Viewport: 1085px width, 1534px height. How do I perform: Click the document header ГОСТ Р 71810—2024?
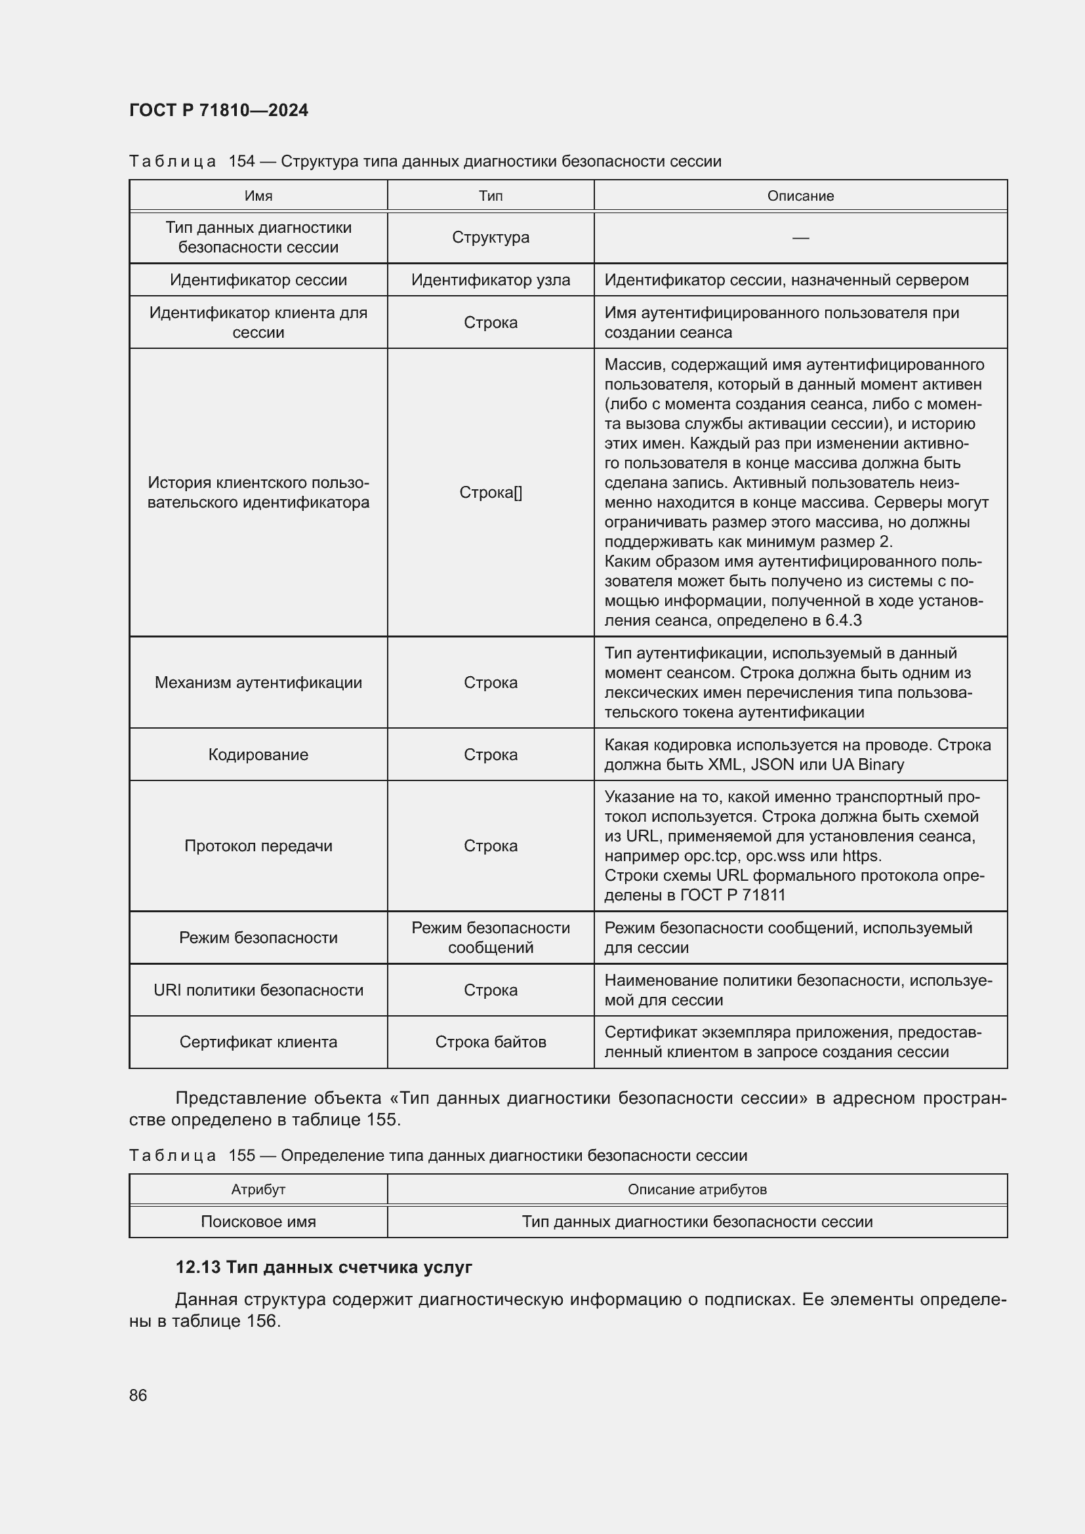(218, 110)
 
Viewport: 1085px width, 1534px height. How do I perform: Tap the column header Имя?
(258, 195)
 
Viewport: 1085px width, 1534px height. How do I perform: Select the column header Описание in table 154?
(800, 195)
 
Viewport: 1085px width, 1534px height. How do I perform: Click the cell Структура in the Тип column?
(491, 237)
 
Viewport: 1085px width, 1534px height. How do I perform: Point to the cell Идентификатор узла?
(491, 280)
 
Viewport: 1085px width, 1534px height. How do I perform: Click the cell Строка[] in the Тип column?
(491, 493)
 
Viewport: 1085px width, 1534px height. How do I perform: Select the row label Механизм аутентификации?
(258, 682)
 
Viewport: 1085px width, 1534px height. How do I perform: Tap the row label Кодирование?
(258, 754)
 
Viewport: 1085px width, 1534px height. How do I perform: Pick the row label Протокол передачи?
(258, 846)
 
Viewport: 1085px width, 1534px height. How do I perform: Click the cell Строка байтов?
(491, 1041)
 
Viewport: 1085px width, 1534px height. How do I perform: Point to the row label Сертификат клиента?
(258, 1041)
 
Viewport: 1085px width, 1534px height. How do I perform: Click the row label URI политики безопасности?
(258, 990)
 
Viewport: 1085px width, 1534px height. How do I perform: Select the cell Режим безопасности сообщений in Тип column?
(491, 937)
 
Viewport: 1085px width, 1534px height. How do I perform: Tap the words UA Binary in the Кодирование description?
(867, 764)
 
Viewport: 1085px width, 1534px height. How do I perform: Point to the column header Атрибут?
(258, 1189)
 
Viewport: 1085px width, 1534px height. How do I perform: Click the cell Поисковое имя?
(258, 1221)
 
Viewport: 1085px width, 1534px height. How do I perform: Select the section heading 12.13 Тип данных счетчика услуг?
(323, 1268)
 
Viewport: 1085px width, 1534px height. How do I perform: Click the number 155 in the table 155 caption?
(242, 1156)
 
